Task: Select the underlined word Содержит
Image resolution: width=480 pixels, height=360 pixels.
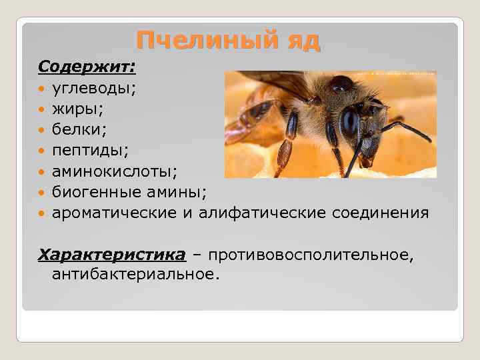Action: (x=86, y=67)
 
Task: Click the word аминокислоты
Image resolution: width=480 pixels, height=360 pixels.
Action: (x=114, y=172)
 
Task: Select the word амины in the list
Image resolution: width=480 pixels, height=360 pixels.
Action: (x=181, y=193)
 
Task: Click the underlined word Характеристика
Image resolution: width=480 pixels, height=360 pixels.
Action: (x=111, y=255)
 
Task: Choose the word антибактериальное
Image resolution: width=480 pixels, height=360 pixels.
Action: (x=134, y=273)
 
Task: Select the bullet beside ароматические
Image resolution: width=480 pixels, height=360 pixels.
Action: (x=42, y=213)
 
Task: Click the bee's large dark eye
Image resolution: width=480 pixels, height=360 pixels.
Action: (x=349, y=122)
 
